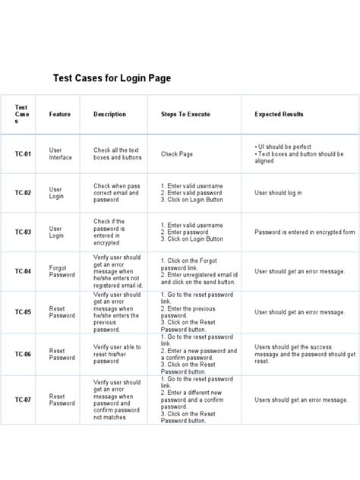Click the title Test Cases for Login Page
coord(112,77)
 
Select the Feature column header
coord(60,114)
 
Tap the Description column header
coord(109,114)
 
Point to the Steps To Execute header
coord(185,114)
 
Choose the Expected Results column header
coord(279,114)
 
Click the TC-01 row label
coord(23,154)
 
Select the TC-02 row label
coord(23,193)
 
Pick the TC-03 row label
coord(23,232)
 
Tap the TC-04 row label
coord(23,271)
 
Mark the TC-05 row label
coord(23,311)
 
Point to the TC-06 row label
coord(23,354)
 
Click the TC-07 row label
coord(23,399)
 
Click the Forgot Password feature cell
coord(60,271)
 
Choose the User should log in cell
coord(278,193)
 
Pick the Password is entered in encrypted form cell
coord(305,232)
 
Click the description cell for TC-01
coord(117,154)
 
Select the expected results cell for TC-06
coord(305,354)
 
